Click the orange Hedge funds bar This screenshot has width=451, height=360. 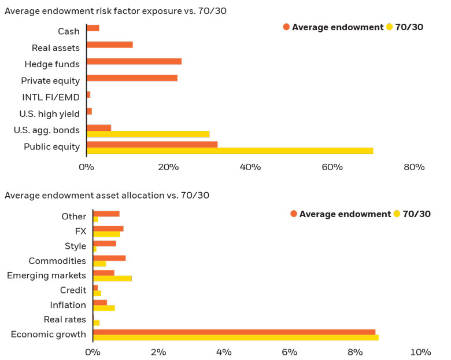coord(134,61)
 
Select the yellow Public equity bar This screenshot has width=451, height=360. coord(230,151)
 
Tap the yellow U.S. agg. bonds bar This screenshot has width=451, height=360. coord(147,134)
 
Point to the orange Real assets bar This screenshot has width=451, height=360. coord(109,45)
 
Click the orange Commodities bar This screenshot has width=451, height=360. coord(109,258)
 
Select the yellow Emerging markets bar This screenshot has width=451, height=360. coord(112,278)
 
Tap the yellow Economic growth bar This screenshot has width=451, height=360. coord(236,337)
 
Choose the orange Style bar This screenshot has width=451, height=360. coord(105,243)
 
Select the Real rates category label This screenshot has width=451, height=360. coord(65,319)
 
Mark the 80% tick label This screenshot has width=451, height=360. coord(414,167)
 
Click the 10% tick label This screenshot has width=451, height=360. coord(420,352)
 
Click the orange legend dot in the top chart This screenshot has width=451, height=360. coord(286,27)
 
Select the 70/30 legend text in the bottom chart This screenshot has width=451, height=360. coord(416,214)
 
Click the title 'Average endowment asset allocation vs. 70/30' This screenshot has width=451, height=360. coord(107,195)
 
